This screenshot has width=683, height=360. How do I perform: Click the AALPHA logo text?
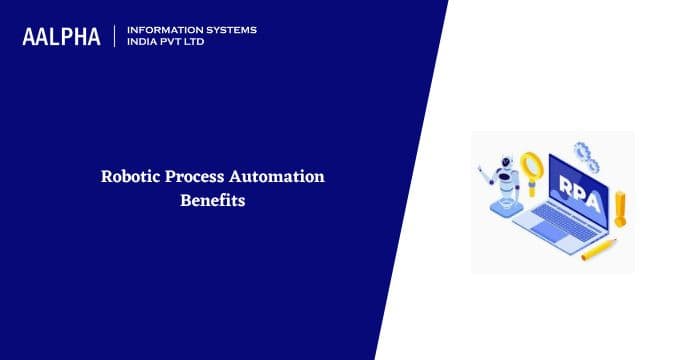(62, 37)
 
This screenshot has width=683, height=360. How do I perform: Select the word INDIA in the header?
(143, 43)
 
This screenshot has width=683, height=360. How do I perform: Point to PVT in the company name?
(174, 43)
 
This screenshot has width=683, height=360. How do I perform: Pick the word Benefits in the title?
(213, 200)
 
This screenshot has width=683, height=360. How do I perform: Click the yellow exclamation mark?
(620, 208)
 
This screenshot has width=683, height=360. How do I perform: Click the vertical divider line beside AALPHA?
(117, 37)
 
